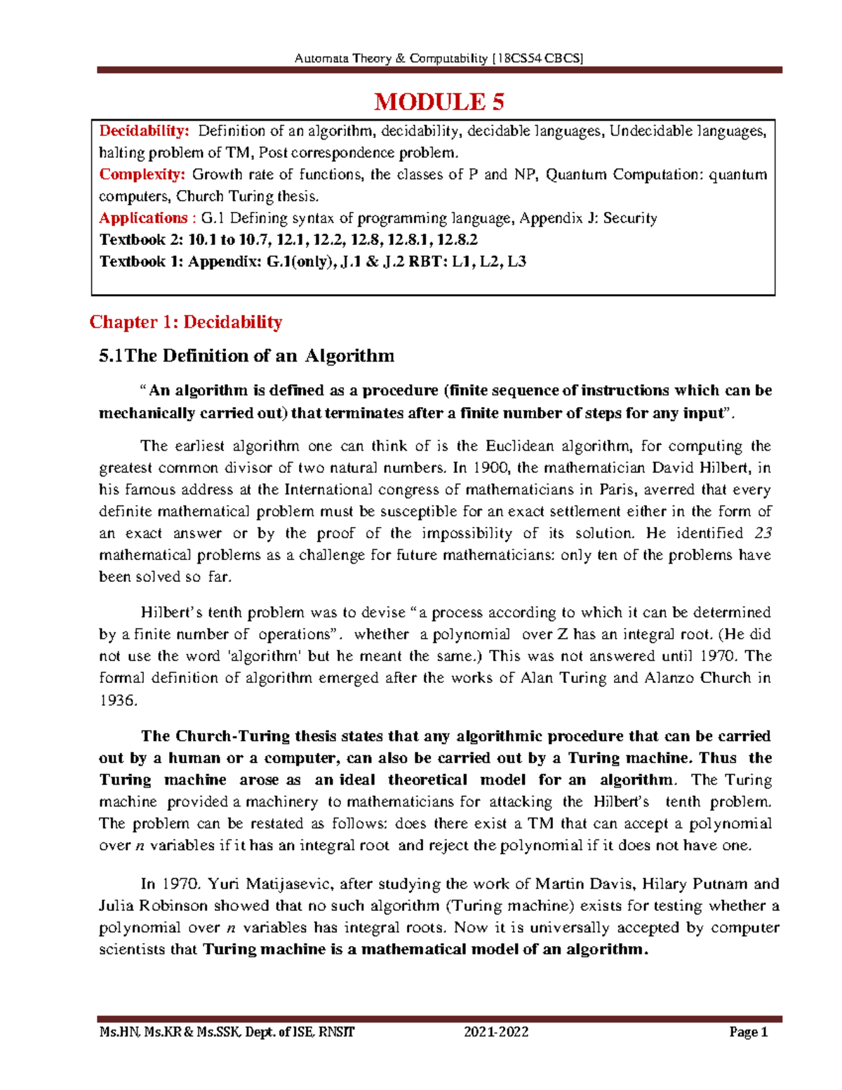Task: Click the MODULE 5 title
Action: [x=439, y=102]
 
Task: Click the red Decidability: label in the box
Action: [x=144, y=131]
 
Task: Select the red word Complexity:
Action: [x=142, y=175]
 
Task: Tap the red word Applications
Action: [x=143, y=218]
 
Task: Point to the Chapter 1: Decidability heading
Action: [x=186, y=322]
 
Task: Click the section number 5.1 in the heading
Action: [x=111, y=356]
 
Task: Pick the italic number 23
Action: [x=762, y=533]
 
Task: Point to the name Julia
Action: [x=117, y=906]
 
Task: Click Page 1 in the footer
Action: [x=749, y=1032]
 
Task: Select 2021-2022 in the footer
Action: [x=496, y=1032]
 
